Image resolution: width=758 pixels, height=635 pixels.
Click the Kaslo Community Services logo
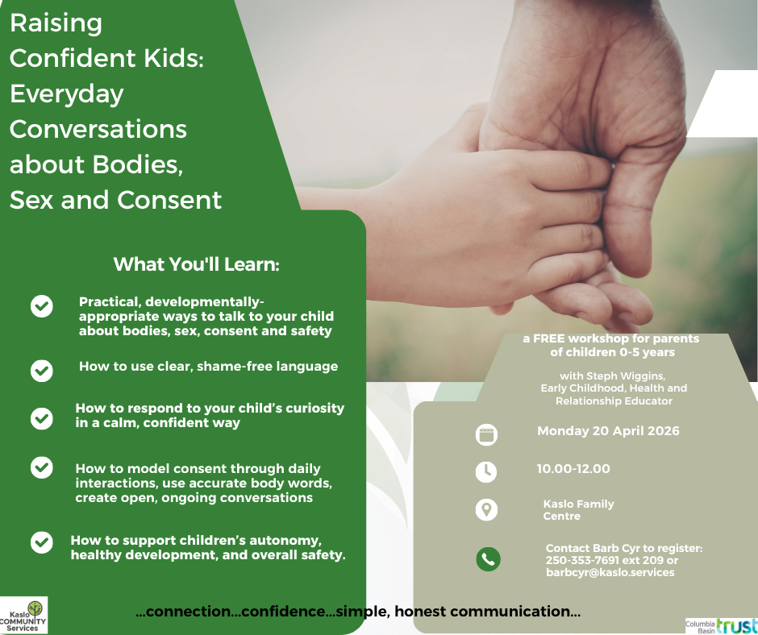point(24,615)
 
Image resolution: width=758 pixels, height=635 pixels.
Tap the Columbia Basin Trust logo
point(721,625)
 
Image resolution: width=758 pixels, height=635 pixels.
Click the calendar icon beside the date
point(486,434)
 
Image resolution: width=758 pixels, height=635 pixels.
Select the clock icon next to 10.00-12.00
point(486,471)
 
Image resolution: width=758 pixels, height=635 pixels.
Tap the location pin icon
point(486,509)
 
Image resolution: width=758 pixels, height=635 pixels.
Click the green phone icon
point(488,559)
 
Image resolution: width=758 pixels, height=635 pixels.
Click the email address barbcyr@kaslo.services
point(610,572)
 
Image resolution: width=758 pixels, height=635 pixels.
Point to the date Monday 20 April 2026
point(608,431)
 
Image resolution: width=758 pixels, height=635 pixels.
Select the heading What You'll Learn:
point(196,264)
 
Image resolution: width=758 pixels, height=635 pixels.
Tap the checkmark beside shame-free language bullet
point(42,370)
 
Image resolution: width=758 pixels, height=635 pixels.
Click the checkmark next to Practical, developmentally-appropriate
point(42,306)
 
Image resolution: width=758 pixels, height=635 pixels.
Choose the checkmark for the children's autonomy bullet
point(42,542)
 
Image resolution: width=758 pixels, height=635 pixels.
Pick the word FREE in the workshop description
point(549,339)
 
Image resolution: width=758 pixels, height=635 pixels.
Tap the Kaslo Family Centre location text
point(578,509)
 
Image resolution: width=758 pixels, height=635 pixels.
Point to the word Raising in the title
point(56,23)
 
